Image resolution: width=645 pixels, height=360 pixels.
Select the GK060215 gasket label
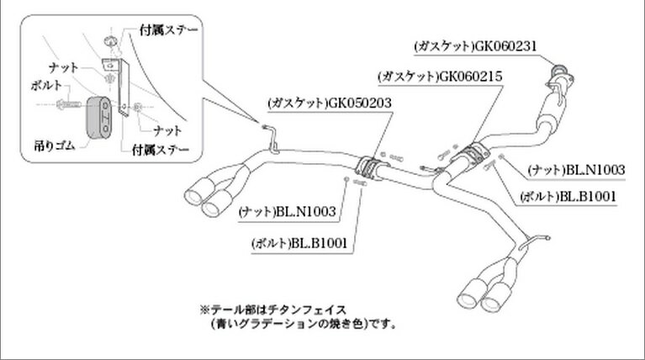(x=441, y=76)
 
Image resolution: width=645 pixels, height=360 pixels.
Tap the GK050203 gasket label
(x=330, y=104)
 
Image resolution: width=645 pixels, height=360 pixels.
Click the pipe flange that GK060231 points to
(x=558, y=78)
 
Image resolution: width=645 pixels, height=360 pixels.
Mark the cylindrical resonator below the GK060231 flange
(x=554, y=110)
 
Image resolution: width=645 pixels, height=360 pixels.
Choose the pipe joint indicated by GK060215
(x=476, y=155)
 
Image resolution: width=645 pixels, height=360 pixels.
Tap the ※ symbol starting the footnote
(x=202, y=310)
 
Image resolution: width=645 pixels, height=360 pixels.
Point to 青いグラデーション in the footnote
(x=262, y=323)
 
